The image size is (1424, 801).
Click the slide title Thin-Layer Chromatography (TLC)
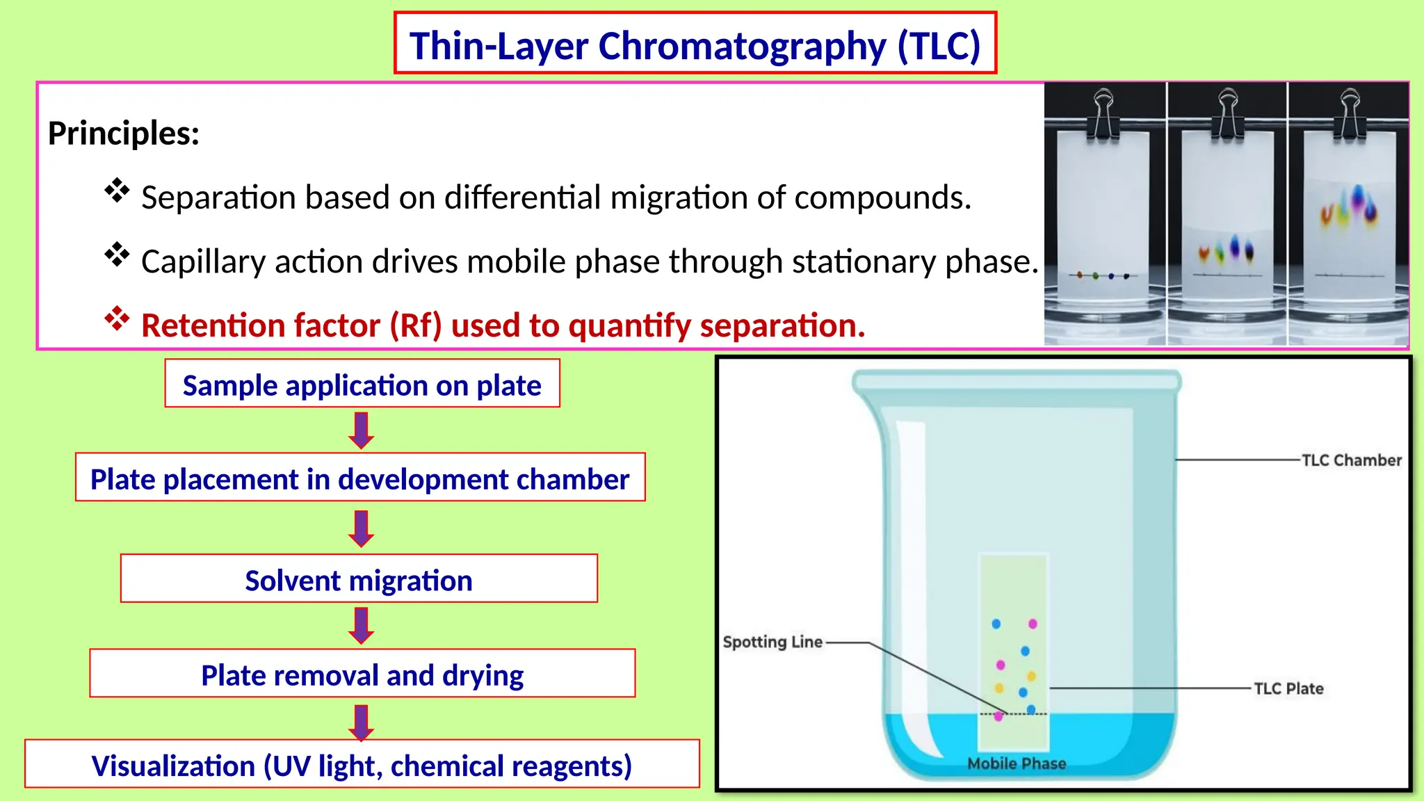pos(695,46)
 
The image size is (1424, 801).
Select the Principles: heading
pos(124,133)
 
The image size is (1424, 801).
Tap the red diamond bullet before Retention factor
pos(117,319)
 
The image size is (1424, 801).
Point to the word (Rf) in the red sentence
pos(415,325)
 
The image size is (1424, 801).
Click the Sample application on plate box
pos(362,385)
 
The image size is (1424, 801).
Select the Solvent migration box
pos(359,579)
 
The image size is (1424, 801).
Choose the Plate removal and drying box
pos(362,674)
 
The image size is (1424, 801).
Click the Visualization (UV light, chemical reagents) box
pos(362,765)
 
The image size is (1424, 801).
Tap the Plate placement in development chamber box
pos(359,478)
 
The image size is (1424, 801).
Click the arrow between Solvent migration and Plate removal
pos(361,625)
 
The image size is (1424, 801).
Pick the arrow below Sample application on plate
pos(361,430)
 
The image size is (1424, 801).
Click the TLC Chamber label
pos(1351,460)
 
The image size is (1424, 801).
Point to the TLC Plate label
pos(1288,688)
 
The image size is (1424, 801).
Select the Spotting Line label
pos(772,642)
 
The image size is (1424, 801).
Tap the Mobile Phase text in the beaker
pos(1016,763)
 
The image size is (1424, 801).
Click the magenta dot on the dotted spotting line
pos(998,716)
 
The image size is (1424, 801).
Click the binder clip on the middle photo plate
pos(1228,115)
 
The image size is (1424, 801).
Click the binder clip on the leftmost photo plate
pos(1103,115)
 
